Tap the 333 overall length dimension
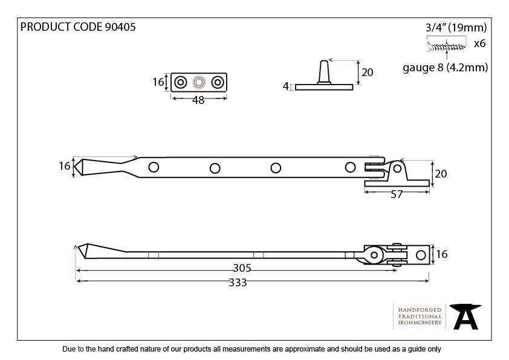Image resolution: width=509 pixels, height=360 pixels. (x=238, y=283)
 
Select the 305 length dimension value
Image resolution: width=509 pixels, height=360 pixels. (x=242, y=268)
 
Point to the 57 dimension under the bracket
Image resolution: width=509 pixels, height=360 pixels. (x=397, y=195)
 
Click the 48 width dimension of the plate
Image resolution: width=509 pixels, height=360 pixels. (x=198, y=100)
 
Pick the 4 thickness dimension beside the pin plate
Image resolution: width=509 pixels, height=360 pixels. (x=285, y=86)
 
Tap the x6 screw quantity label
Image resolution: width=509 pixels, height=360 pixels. (x=479, y=43)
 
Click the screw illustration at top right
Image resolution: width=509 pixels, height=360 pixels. (x=447, y=45)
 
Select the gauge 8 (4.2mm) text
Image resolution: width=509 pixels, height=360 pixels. (x=445, y=67)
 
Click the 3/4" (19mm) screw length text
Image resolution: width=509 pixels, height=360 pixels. (x=456, y=27)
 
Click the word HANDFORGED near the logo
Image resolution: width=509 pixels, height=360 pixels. (x=420, y=309)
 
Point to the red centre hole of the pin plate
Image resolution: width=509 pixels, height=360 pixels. (x=198, y=82)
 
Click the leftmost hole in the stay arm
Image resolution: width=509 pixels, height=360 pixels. (x=154, y=167)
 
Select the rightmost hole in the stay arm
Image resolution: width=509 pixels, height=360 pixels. (x=351, y=167)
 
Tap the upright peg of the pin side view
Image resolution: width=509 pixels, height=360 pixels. (x=323, y=71)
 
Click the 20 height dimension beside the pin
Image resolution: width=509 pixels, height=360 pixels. (x=366, y=72)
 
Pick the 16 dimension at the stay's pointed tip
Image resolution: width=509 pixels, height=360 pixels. (x=65, y=167)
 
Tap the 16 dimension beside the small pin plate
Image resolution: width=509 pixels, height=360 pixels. (x=158, y=82)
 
